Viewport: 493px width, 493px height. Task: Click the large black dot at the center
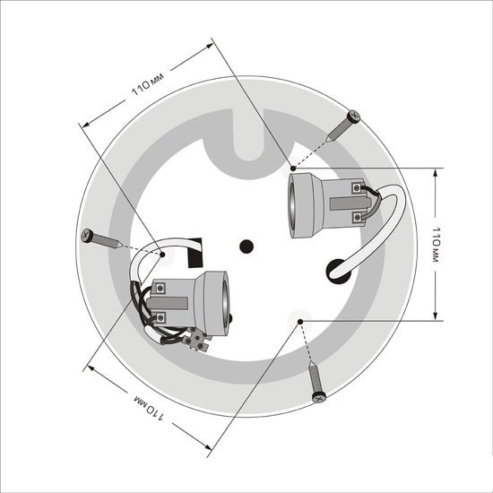(246, 246)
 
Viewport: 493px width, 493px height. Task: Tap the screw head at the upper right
(354, 117)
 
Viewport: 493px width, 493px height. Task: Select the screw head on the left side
(87, 236)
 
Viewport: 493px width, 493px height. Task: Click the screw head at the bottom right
(319, 398)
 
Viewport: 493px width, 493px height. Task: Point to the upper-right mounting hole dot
(293, 169)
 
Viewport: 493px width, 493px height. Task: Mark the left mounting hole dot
(162, 255)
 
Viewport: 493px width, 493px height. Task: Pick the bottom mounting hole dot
(300, 322)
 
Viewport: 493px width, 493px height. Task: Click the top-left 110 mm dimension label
(148, 84)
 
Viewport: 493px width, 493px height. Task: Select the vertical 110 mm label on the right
(437, 245)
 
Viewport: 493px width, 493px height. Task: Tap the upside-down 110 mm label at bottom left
(150, 408)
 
